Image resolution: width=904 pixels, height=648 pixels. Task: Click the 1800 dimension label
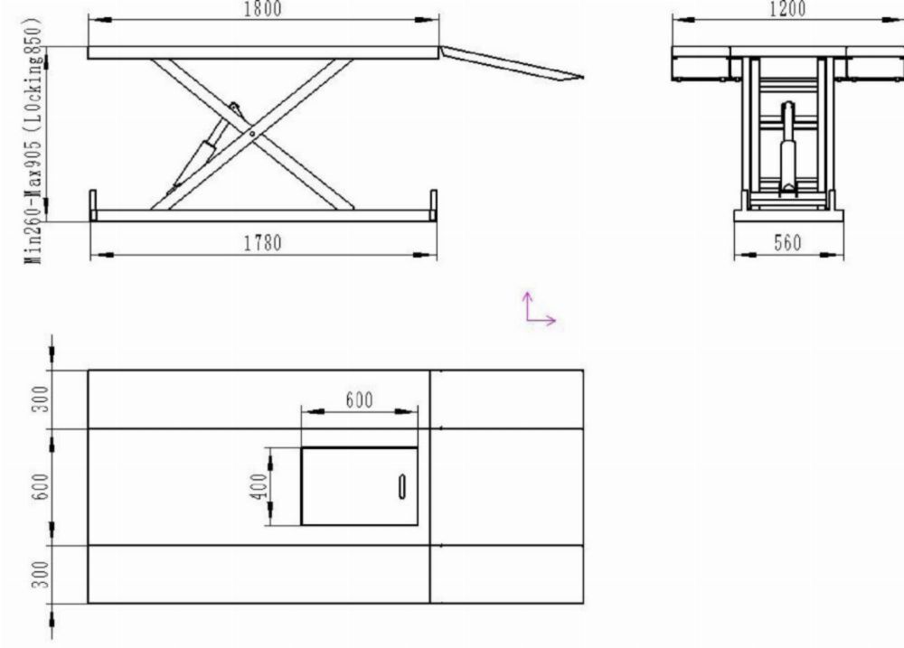pyautogui.click(x=263, y=9)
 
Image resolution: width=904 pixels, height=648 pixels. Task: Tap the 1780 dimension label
pyautogui.click(x=263, y=243)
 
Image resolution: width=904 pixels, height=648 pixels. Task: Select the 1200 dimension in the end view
pyautogui.click(x=787, y=9)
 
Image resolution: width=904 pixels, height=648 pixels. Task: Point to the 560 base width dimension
pyautogui.click(x=787, y=243)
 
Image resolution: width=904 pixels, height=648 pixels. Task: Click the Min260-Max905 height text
pyautogui.click(x=34, y=203)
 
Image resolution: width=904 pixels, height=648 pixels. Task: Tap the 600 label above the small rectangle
pyautogui.click(x=359, y=399)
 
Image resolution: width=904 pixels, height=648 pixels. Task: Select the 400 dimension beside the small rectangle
pyautogui.click(x=260, y=486)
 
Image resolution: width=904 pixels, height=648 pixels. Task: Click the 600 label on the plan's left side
pyautogui.click(x=41, y=486)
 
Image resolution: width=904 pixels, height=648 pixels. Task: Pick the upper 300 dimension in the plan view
pyautogui.click(x=41, y=399)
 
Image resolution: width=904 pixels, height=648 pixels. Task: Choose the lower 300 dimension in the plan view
pyautogui.click(x=41, y=575)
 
